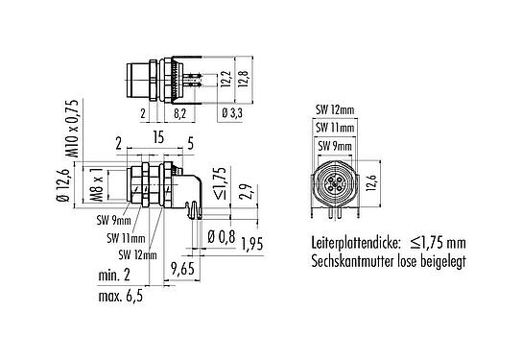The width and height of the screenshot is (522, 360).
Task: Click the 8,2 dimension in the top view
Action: click(x=180, y=114)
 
